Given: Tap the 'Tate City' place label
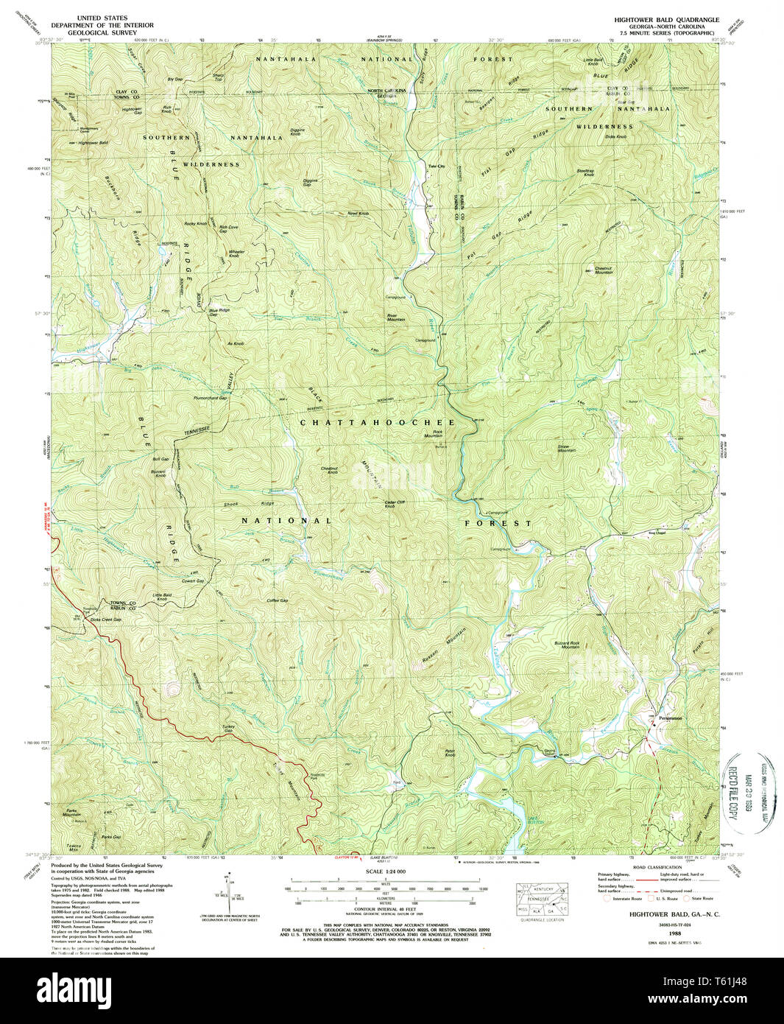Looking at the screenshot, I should [x=437, y=166].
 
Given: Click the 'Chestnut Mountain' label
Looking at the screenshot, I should [x=604, y=270].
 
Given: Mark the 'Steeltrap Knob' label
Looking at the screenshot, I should [x=585, y=173].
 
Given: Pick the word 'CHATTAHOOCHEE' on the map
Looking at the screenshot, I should [x=378, y=423].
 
